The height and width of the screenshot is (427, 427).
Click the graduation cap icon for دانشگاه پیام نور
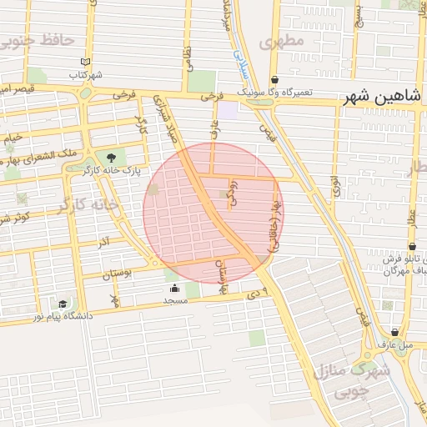[x=63, y=304]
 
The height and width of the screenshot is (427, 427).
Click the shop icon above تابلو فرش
[x=413, y=247]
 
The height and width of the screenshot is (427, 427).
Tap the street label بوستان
[x=117, y=274]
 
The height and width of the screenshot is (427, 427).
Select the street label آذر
[x=105, y=243]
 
